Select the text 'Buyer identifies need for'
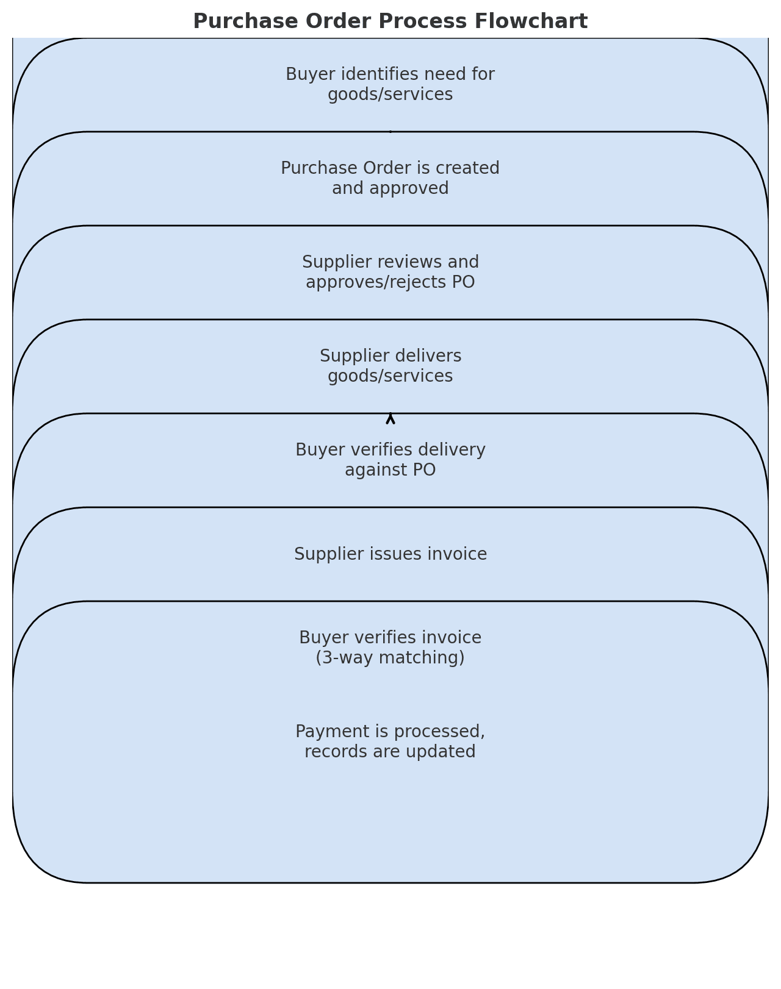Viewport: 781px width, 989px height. pyautogui.click(x=390, y=74)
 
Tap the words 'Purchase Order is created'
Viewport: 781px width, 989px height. pyautogui.click(x=390, y=168)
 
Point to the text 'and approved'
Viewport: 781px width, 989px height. pyautogui.click(x=390, y=188)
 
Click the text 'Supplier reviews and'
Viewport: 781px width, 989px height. pyautogui.click(x=390, y=262)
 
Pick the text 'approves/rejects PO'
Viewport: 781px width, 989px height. pyautogui.click(x=390, y=282)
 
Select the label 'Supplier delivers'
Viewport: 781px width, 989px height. pyautogui.click(x=390, y=356)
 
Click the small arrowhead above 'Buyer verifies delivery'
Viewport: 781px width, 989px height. pyautogui.click(x=390, y=418)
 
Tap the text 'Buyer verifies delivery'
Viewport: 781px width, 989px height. pyautogui.click(x=390, y=450)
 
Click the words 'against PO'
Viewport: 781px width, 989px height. pyautogui.click(x=390, y=470)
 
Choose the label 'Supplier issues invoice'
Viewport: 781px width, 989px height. pyautogui.click(x=390, y=554)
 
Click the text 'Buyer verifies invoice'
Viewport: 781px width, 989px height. pyautogui.click(x=390, y=638)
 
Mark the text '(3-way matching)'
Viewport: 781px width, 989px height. pyautogui.click(x=390, y=658)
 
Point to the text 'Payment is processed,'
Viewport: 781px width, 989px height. pyautogui.click(x=390, y=732)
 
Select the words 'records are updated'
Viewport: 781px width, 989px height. pyautogui.click(x=390, y=752)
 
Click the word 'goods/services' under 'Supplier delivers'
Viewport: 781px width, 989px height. pyautogui.click(x=390, y=376)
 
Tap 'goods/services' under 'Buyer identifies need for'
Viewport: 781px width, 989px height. pyautogui.click(x=390, y=95)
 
